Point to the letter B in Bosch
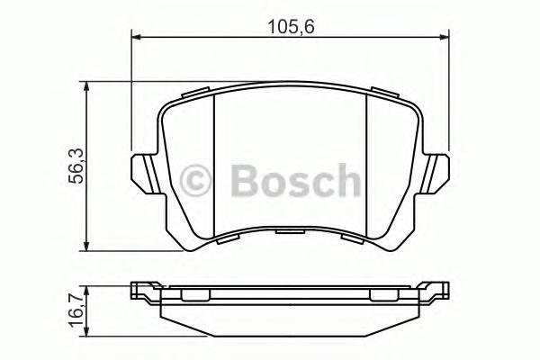tap(245, 181)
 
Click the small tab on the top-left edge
tap(196, 94)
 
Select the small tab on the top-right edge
tap(386, 94)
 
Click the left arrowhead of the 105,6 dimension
tap(137, 37)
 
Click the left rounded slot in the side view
tap(194, 295)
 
